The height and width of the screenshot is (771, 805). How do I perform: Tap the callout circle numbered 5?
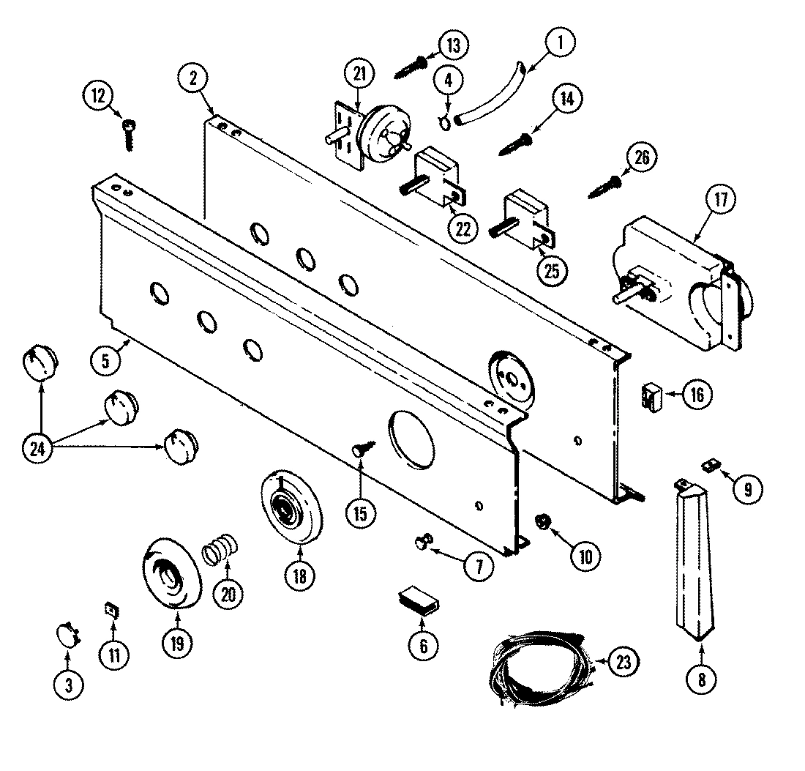(107, 360)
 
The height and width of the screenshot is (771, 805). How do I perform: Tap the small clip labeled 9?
(709, 464)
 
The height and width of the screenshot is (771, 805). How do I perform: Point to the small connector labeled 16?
(651, 396)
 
